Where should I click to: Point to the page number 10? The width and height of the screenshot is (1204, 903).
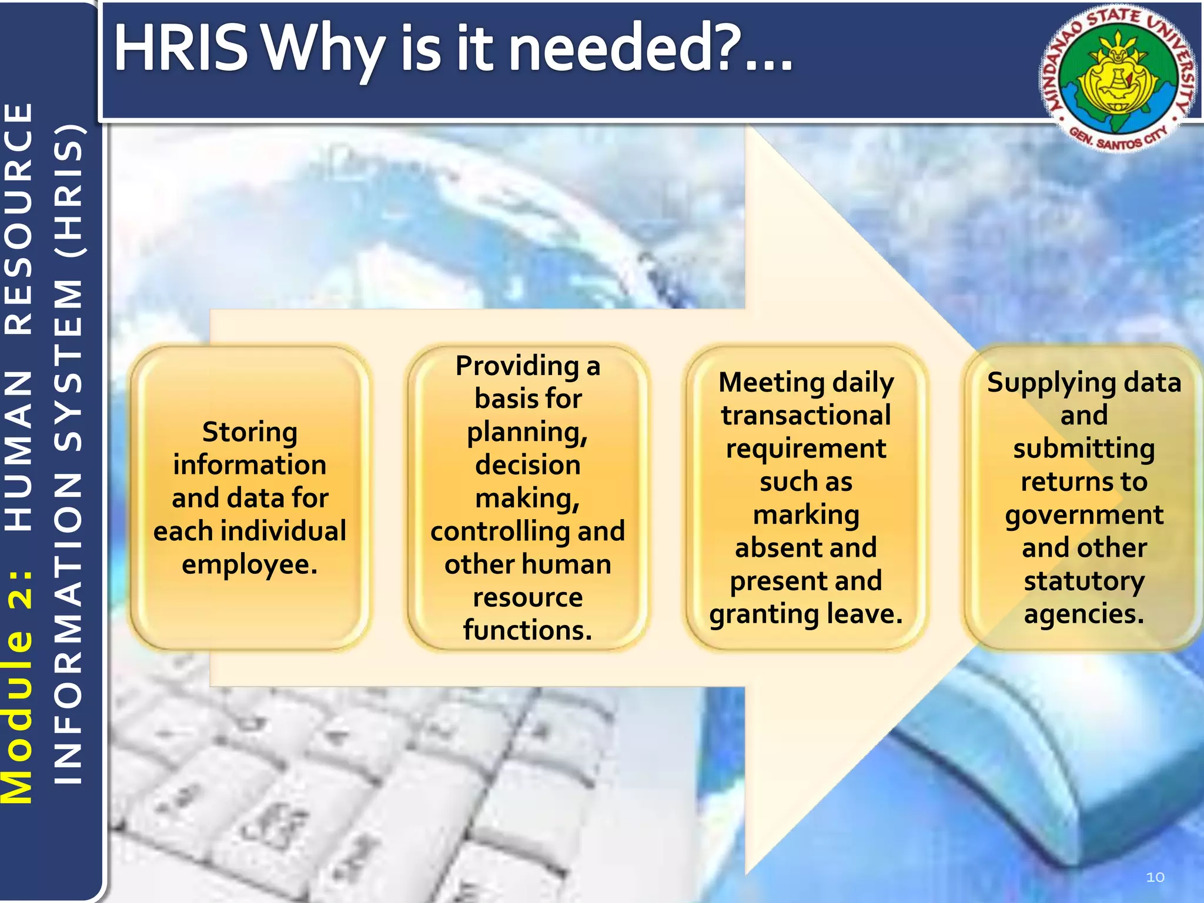1155,877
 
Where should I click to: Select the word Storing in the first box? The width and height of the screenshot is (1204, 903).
250,433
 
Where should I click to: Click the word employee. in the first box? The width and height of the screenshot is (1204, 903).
250,565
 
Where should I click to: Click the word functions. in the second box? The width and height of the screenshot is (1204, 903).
527,630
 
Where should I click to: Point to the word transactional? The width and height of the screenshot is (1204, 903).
806,416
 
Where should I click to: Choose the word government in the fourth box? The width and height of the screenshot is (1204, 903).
1084,515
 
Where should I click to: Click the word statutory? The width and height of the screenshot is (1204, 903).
1084,581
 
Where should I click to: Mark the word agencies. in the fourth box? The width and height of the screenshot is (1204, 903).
1084,614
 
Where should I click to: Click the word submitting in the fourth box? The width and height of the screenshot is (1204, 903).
1084,449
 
